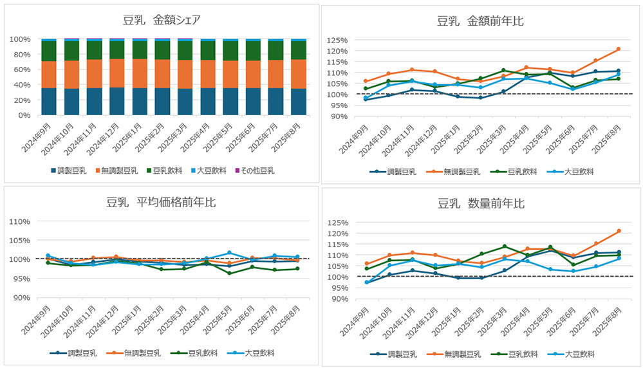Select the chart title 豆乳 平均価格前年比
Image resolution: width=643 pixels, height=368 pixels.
point(161,203)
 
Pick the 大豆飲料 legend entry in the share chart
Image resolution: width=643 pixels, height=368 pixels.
point(209,170)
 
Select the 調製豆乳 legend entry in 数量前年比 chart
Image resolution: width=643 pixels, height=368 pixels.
point(394,354)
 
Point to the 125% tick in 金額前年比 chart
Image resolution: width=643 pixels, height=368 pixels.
point(338,40)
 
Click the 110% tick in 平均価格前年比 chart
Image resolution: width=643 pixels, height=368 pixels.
point(19,221)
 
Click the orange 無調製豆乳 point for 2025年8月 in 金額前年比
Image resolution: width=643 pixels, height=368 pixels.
point(618,49)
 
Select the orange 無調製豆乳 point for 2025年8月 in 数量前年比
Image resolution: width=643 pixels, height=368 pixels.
point(618,231)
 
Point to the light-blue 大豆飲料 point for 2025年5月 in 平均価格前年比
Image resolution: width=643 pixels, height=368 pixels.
point(228,253)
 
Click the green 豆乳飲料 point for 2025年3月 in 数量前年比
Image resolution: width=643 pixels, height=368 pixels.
point(505,246)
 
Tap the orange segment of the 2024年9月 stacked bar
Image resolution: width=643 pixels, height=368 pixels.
point(48,75)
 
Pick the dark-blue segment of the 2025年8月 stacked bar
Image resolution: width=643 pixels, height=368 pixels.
point(298,102)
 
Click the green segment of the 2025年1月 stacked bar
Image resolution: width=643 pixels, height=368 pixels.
point(139,50)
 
